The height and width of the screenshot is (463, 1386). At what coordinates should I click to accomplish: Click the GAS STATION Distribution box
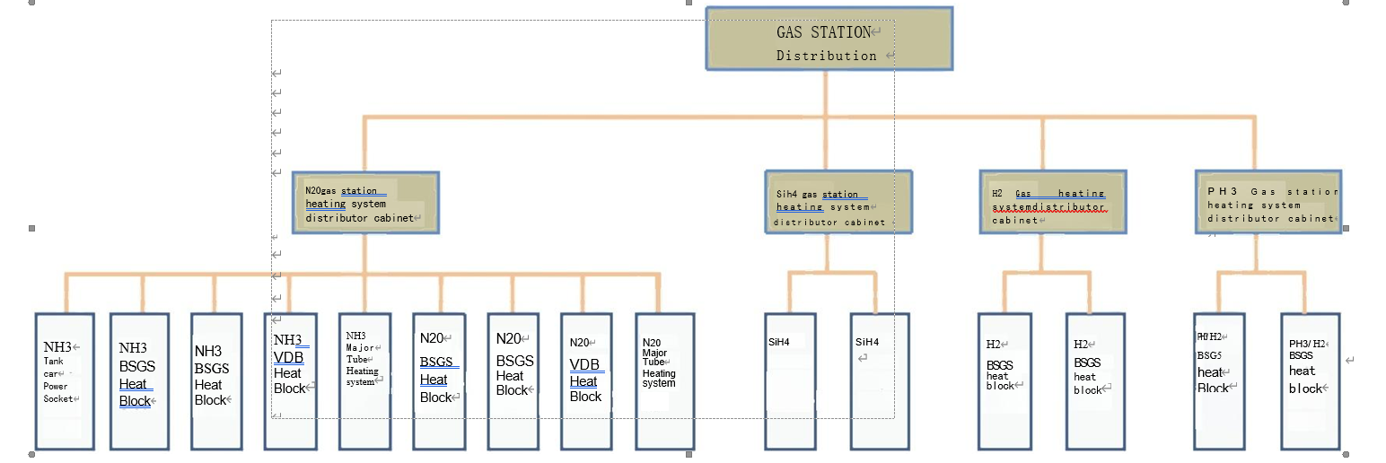pyautogui.click(x=828, y=39)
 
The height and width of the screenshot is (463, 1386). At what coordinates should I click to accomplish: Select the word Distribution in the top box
pyautogui.click(x=826, y=56)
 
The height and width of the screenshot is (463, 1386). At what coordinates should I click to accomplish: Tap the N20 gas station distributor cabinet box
pyautogui.click(x=365, y=203)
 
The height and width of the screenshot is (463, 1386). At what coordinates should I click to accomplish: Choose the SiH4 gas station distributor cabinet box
pyautogui.click(x=838, y=203)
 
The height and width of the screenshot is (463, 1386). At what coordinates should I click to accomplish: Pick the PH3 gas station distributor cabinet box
pyautogui.click(x=1268, y=203)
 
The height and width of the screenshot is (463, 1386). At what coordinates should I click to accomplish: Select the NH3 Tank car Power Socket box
pyautogui.click(x=65, y=381)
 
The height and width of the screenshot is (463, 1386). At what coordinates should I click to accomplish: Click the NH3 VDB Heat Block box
pyautogui.click(x=289, y=381)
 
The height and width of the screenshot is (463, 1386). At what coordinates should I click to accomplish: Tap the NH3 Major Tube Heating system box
pyautogui.click(x=364, y=381)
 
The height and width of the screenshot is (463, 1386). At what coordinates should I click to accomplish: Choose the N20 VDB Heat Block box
pyautogui.click(x=586, y=381)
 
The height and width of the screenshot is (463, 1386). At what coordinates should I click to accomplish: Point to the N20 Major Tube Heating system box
pyautogui.click(x=664, y=381)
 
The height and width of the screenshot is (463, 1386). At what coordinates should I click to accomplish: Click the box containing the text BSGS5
pyautogui.click(x=1219, y=381)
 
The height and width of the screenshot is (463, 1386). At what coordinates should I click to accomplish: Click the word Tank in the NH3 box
pyautogui.click(x=54, y=362)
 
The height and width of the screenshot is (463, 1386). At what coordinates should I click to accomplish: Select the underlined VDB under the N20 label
pyautogui.click(x=586, y=366)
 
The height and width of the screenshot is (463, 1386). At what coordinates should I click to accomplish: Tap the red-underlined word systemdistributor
pyautogui.click(x=1048, y=207)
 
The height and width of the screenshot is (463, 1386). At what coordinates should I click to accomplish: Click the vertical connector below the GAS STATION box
pyautogui.click(x=825, y=93)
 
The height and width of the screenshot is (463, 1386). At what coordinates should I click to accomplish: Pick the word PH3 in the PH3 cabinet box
pyautogui.click(x=1223, y=192)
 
